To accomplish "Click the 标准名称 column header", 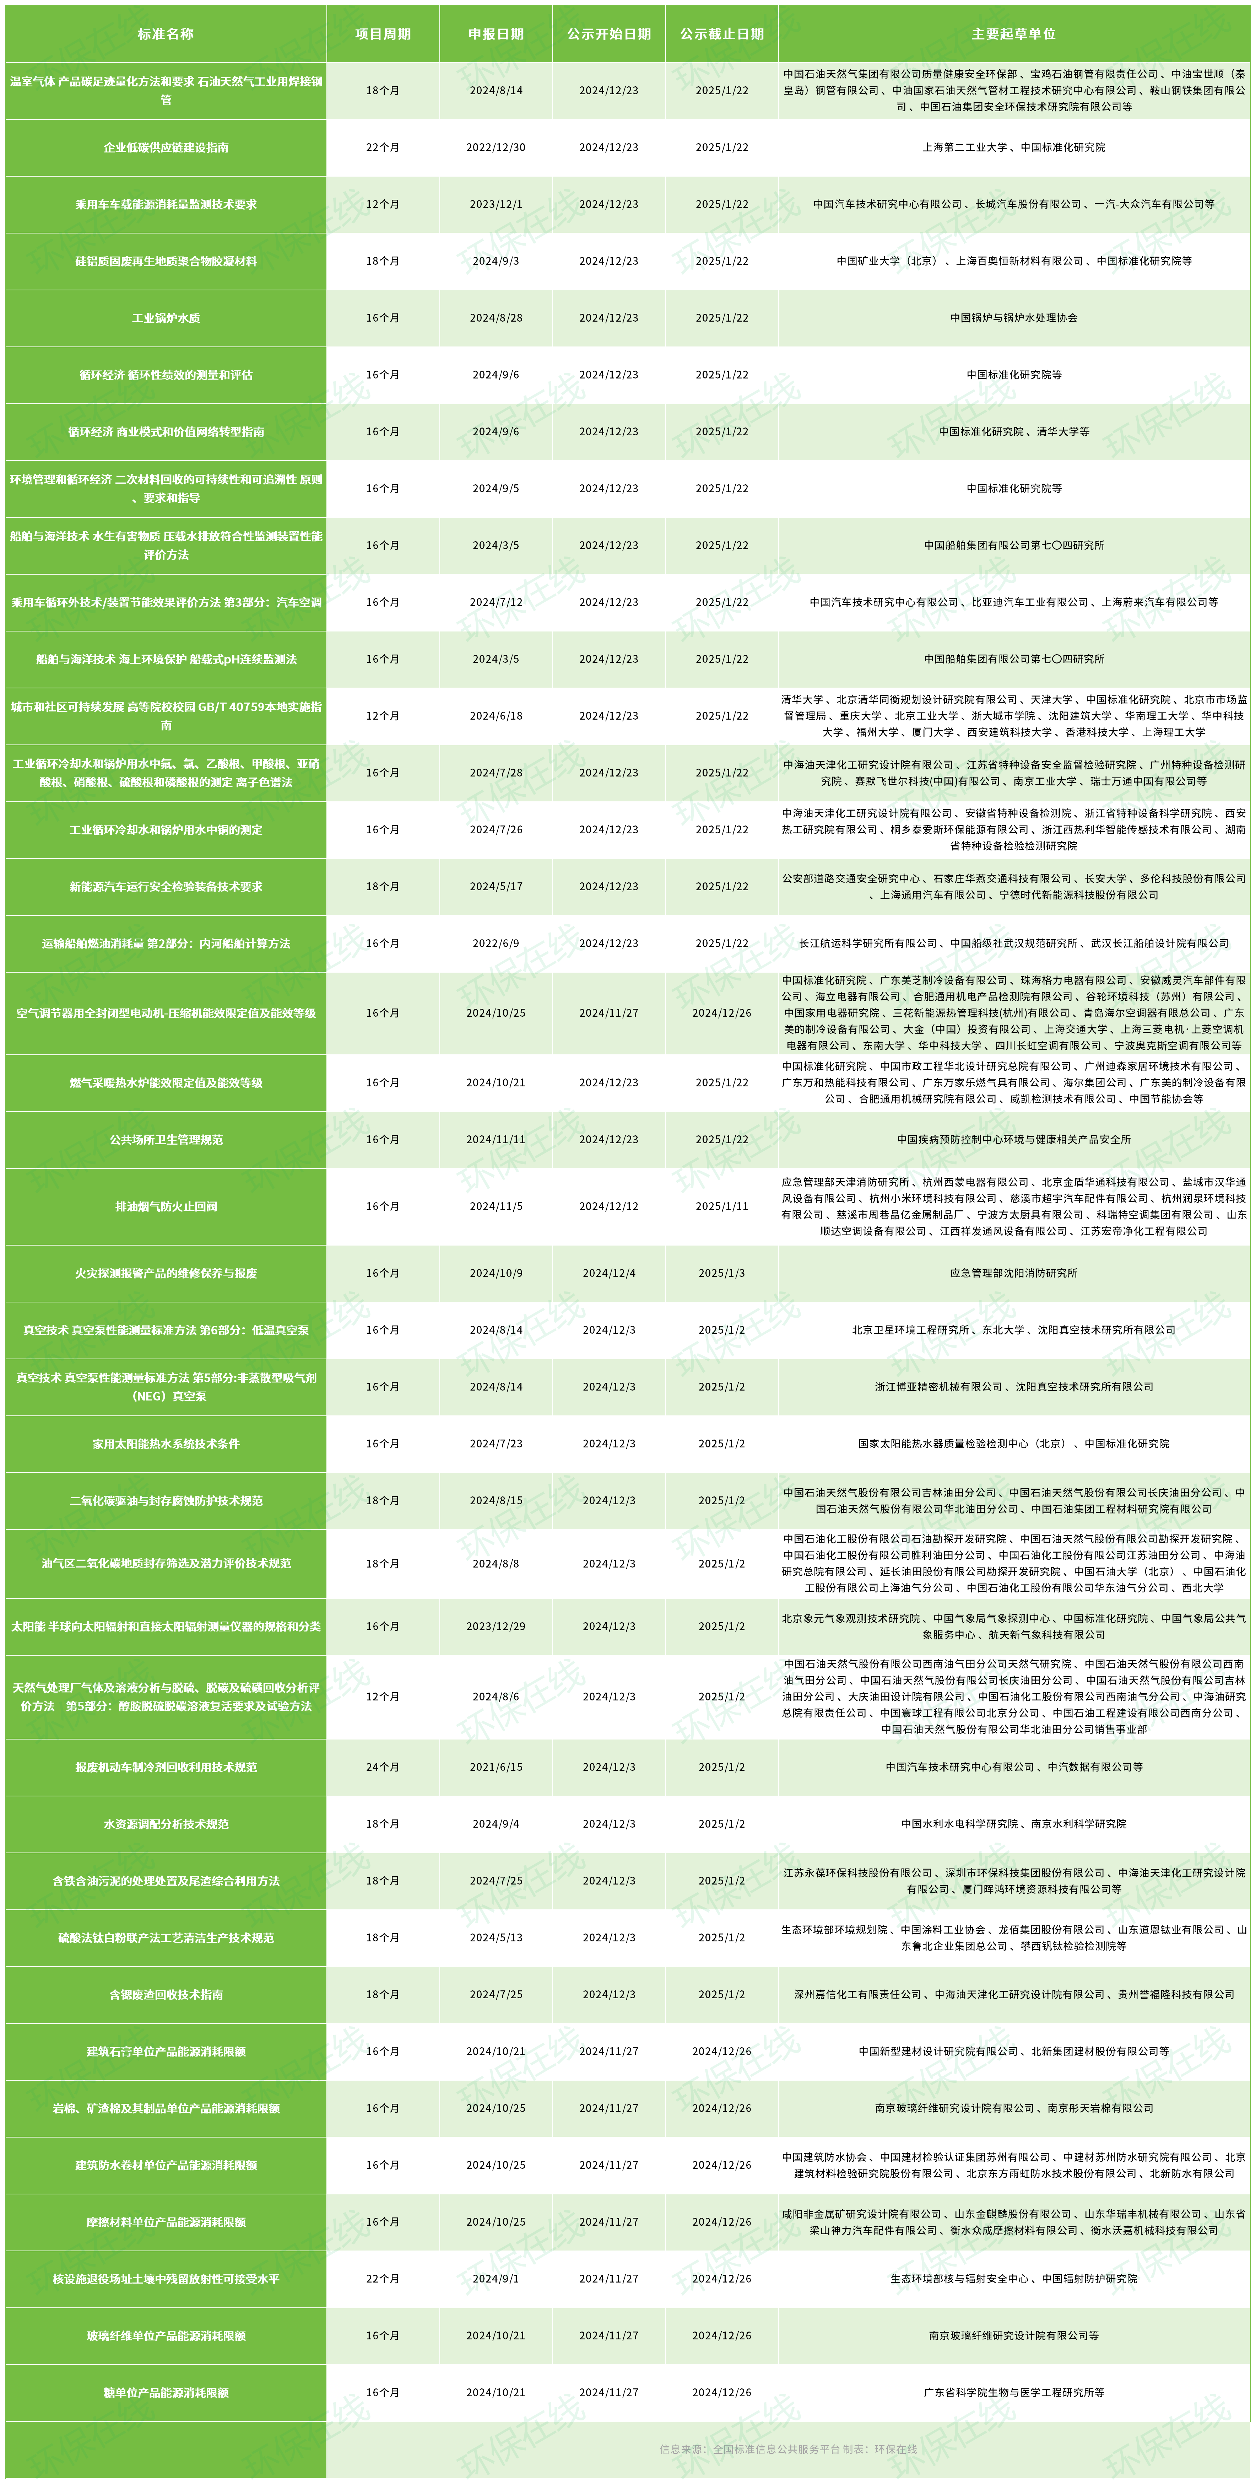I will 166,34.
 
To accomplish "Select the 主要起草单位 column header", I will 1013,34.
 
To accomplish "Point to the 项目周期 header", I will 383,34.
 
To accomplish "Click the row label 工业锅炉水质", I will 166,318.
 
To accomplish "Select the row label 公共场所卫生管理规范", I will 166,1140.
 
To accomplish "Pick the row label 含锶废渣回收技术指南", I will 166,1994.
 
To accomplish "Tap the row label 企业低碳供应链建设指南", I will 166,147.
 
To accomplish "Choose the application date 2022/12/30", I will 496,147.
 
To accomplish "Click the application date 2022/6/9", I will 496,943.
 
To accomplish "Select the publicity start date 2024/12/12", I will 608,1206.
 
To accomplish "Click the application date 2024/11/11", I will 496,1140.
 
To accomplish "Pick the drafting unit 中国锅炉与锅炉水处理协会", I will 1013,318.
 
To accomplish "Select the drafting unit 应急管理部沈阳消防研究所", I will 1013,1273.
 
